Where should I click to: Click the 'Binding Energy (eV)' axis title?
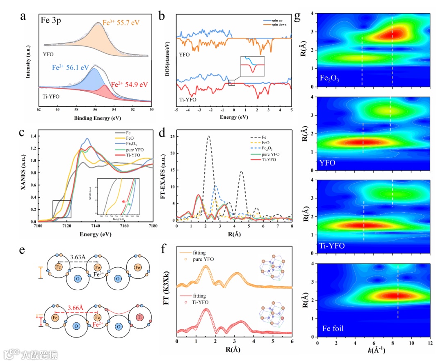(95, 118)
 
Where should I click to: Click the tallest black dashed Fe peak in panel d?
(209, 137)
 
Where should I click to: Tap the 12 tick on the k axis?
(429, 342)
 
